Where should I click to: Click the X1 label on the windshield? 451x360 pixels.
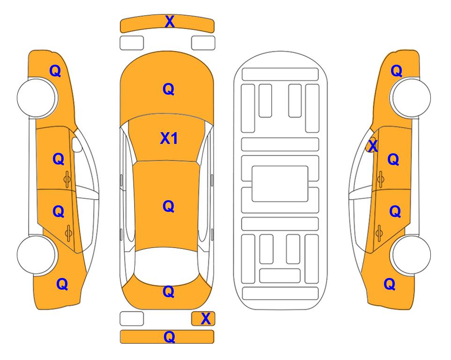coord(169,139)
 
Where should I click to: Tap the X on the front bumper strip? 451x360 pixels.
coord(170,22)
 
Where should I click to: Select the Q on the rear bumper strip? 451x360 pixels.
coord(169,337)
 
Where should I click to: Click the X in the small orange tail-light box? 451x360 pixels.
coord(206,319)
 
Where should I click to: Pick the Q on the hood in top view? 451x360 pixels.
coord(169,89)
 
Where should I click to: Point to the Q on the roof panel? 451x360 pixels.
coord(169,207)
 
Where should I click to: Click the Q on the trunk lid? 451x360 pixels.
coord(169,292)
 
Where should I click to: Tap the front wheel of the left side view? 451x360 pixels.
coord(37,97)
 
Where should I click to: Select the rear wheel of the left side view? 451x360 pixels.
coord(37,255)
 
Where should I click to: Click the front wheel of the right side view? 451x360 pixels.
coord(410,97)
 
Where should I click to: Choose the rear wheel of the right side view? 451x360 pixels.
coord(410,255)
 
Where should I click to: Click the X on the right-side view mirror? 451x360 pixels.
coord(373,145)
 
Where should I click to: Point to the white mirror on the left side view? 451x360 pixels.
coord(77,144)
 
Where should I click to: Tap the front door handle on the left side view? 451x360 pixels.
coord(67,179)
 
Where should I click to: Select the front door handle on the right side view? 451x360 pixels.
coord(380,179)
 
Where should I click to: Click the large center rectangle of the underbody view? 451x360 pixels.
coord(280,184)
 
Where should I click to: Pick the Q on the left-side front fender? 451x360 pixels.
coord(55,71)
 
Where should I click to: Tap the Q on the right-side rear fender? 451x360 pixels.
coord(390,284)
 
